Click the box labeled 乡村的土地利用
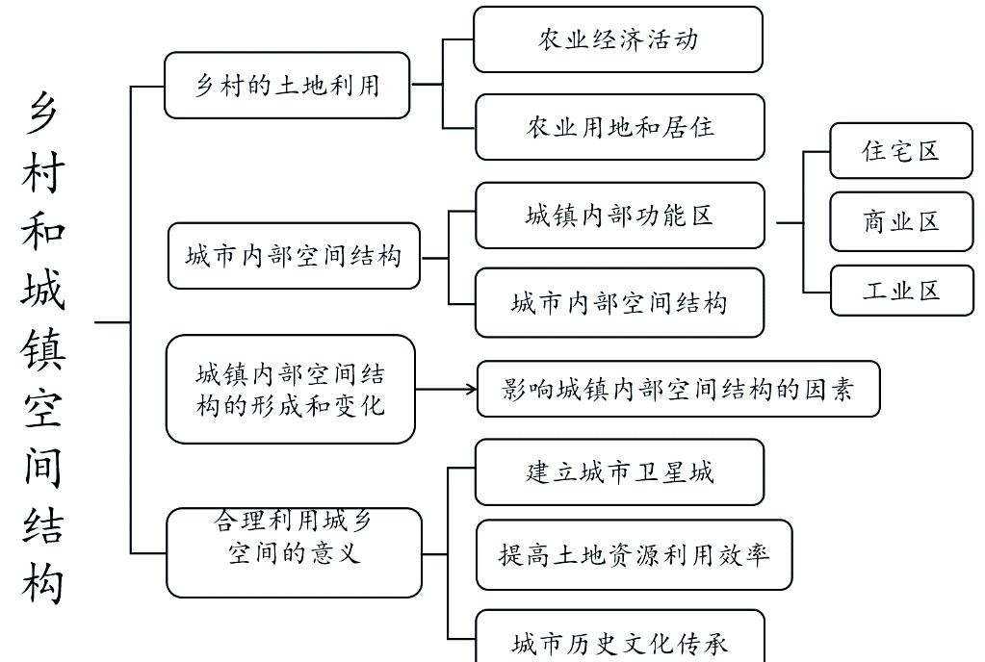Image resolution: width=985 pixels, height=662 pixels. (x=287, y=86)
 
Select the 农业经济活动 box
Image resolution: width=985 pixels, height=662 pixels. (x=617, y=39)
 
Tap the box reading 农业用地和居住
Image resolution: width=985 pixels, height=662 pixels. (x=619, y=127)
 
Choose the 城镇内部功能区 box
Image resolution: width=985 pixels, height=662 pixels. (x=619, y=215)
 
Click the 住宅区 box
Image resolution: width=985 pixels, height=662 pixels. (x=900, y=151)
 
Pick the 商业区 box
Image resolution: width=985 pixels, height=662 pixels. (x=900, y=222)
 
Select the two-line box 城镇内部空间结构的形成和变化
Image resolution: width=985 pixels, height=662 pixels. (x=290, y=389)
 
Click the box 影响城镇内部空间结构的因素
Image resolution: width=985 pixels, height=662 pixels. (x=678, y=389)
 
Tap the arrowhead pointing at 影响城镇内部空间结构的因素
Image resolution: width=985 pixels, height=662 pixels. (x=471, y=389)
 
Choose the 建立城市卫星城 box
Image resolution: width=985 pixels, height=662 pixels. (x=619, y=472)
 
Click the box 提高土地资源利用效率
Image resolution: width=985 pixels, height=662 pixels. (x=634, y=555)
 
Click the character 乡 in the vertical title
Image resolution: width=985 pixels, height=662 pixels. (x=43, y=117)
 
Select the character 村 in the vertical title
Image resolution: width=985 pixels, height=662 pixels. (x=43, y=174)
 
